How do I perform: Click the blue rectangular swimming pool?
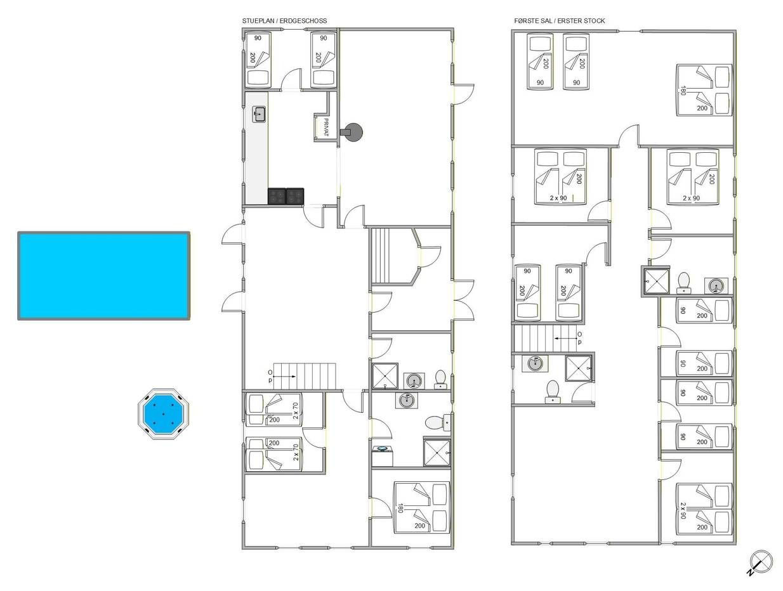click(x=103, y=276)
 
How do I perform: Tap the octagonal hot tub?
click(x=163, y=414)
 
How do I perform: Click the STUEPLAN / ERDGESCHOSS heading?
click(x=284, y=21)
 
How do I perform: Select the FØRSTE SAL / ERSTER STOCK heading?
click(x=560, y=21)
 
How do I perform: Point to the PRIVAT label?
click(x=326, y=127)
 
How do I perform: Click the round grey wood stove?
click(x=352, y=133)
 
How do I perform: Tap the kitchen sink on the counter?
click(x=259, y=114)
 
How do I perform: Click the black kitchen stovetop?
click(x=286, y=196)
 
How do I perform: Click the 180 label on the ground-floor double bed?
click(x=400, y=508)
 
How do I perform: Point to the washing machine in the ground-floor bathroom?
click(x=382, y=457)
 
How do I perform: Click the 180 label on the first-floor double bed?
click(x=683, y=90)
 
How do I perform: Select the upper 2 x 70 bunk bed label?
click(x=295, y=410)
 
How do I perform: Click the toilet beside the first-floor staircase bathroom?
click(x=553, y=392)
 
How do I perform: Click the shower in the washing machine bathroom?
click(x=437, y=453)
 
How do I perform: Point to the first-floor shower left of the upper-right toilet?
click(x=657, y=282)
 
